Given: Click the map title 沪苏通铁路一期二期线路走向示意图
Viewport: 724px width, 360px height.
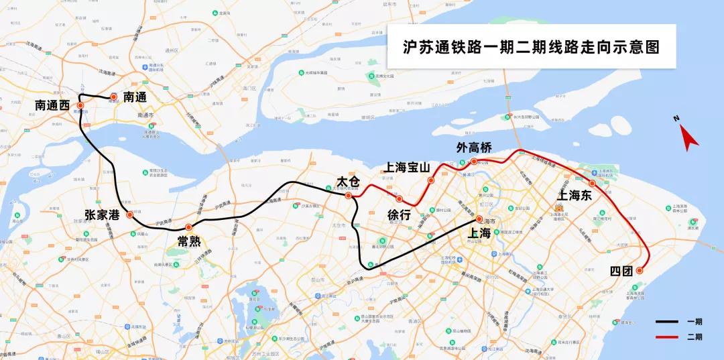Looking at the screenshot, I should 531,48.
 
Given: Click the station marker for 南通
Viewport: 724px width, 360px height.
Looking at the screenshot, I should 113,97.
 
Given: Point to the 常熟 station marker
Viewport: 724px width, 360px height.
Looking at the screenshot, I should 188,227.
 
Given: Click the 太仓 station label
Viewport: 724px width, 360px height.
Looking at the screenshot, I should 349,182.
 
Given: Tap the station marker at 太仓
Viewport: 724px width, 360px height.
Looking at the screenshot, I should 348,196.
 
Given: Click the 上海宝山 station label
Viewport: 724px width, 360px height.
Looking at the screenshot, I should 407,167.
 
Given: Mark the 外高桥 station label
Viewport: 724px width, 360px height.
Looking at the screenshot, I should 475,147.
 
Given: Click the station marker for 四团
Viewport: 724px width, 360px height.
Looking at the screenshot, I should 639,271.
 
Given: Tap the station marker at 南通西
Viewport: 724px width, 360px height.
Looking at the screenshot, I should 80,105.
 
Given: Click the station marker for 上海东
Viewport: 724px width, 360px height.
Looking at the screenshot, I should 592,183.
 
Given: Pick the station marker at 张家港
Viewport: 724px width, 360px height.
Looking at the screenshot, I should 130,215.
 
